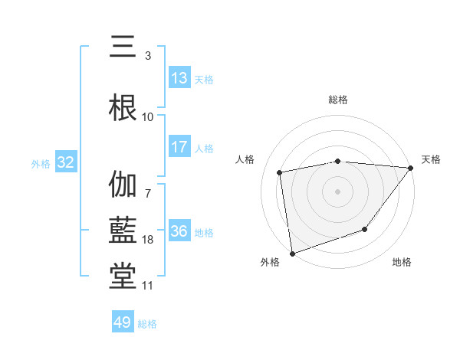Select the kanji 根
click(x=123, y=106)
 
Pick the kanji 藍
click(x=123, y=231)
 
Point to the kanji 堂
click(x=123, y=276)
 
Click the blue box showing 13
click(x=179, y=78)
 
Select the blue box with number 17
click(x=179, y=147)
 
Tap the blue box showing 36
click(x=179, y=231)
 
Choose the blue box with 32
click(x=65, y=162)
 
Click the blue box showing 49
click(x=123, y=322)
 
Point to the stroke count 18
click(x=148, y=240)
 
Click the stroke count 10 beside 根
click(x=148, y=116)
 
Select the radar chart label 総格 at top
click(x=338, y=100)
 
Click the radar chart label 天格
click(x=431, y=159)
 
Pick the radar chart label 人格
click(x=245, y=159)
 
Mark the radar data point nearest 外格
click(x=292, y=253)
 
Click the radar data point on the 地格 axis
click(x=366, y=229)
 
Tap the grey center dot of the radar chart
click(x=338, y=191)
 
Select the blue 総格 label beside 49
click(x=147, y=324)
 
